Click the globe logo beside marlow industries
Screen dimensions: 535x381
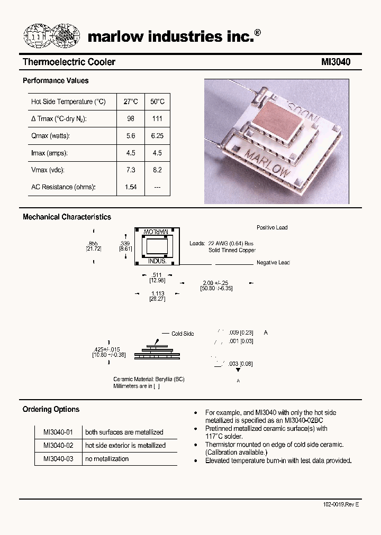point(51,36)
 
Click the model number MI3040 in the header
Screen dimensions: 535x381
point(335,62)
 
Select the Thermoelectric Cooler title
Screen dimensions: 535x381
point(69,62)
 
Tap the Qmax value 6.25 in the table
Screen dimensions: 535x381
point(157,136)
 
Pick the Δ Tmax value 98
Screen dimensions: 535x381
point(131,119)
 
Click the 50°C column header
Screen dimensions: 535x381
point(157,102)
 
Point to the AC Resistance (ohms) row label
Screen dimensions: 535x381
point(63,187)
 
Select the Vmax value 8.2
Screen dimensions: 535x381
point(157,170)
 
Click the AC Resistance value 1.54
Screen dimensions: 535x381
point(131,187)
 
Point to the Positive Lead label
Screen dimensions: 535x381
point(272,227)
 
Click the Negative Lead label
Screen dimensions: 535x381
point(273,263)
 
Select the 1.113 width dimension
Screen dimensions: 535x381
point(158,293)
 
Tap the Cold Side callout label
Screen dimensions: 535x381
point(183,334)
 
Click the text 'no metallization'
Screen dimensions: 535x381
point(107,459)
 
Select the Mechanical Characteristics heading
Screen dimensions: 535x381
point(67,217)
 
